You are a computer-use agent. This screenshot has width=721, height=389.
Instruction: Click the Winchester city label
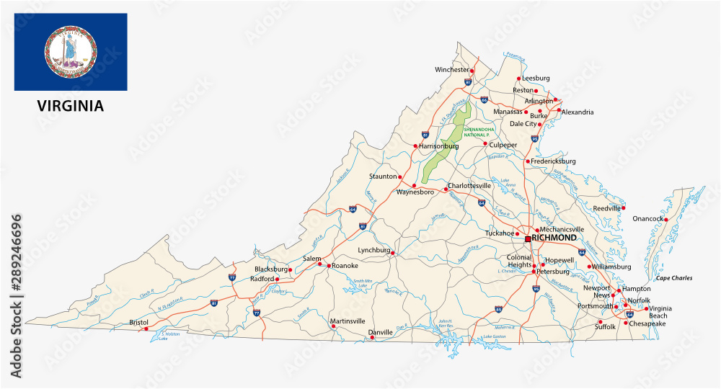tap(451, 70)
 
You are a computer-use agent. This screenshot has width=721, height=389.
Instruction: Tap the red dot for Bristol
tap(146, 329)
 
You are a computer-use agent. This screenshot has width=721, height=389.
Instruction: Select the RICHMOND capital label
tap(554, 238)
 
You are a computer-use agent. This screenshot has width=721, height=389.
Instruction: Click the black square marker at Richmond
tap(528, 238)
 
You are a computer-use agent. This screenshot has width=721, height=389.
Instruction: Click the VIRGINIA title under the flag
tap(71, 106)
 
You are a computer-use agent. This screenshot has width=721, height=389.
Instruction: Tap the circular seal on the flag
tap(71, 53)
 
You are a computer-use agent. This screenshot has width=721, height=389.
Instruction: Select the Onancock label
tap(647, 218)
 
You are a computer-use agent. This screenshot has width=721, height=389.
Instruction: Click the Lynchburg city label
tap(373, 250)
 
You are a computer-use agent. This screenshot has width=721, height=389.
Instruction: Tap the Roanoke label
tap(345, 266)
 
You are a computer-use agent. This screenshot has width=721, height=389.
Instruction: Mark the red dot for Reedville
tap(623, 208)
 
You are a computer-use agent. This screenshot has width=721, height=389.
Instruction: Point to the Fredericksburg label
tap(553, 161)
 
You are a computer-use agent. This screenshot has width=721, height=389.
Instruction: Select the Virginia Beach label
tap(659, 312)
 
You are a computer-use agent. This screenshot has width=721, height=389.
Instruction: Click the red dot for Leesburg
tap(518, 79)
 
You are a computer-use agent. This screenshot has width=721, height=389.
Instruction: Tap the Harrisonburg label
tap(439, 146)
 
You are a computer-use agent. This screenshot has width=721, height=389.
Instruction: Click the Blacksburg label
tap(271, 269)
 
